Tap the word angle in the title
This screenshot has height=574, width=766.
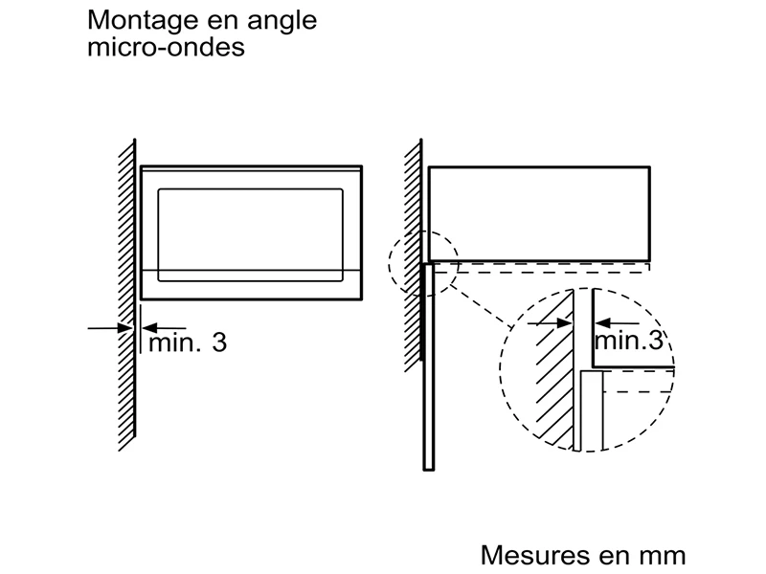pyautogui.click(x=282, y=22)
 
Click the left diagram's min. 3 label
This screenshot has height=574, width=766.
pyautogui.click(x=187, y=342)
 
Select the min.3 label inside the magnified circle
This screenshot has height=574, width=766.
pyautogui.click(x=628, y=341)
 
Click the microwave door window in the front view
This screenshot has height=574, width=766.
pyautogui.click(x=251, y=233)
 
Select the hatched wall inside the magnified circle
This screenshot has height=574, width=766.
pyautogui.click(x=552, y=383)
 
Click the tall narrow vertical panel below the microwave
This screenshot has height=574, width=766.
pyautogui.click(x=428, y=364)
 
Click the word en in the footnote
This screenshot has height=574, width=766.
pyautogui.click(x=610, y=556)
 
